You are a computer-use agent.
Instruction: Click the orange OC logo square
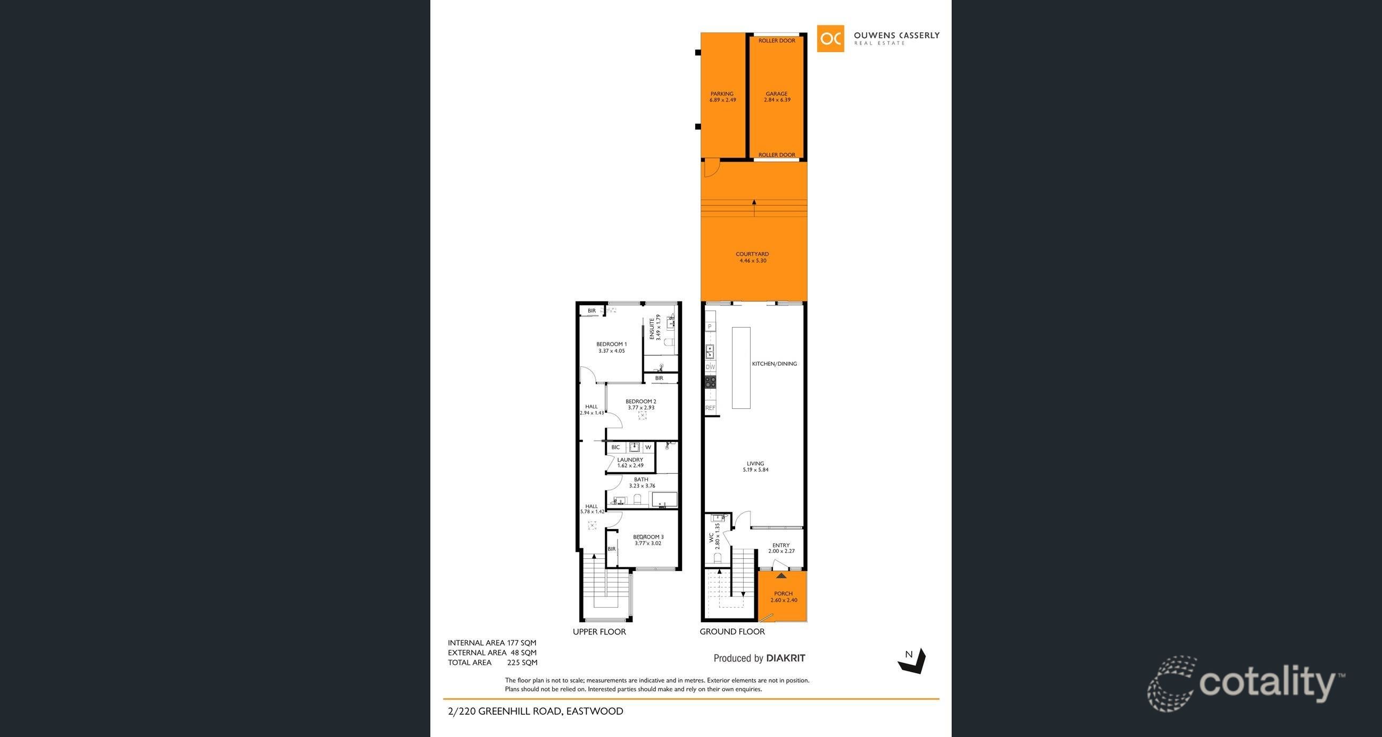pyautogui.click(x=830, y=39)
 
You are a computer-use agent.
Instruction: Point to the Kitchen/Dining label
pyautogui.click(x=774, y=364)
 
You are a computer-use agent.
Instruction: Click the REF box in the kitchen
pyautogui.click(x=710, y=408)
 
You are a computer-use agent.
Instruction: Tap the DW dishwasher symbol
pyautogui.click(x=710, y=367)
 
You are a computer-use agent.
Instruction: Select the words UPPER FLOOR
pyautogui.click(x=600, y=632)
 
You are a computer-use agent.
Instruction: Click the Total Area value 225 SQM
pyautogui.click(x=522, y=663)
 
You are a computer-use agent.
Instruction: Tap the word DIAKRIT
pyautogui.click(x=786, y=658)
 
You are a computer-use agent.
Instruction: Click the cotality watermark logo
pyautogui.click(x=1245, y=683)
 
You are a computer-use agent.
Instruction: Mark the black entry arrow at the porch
pyautogui.click(x=781, y=575)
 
